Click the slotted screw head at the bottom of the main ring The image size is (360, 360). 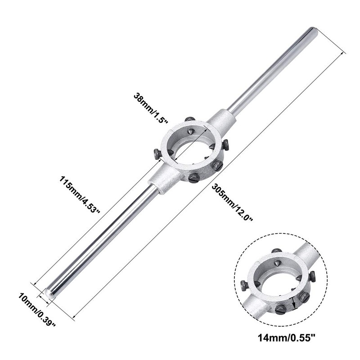[193, 178]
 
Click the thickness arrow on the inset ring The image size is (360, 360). [295, 303]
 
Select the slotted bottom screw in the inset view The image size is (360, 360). [279, 310]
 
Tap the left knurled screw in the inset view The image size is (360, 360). [244, 285]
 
